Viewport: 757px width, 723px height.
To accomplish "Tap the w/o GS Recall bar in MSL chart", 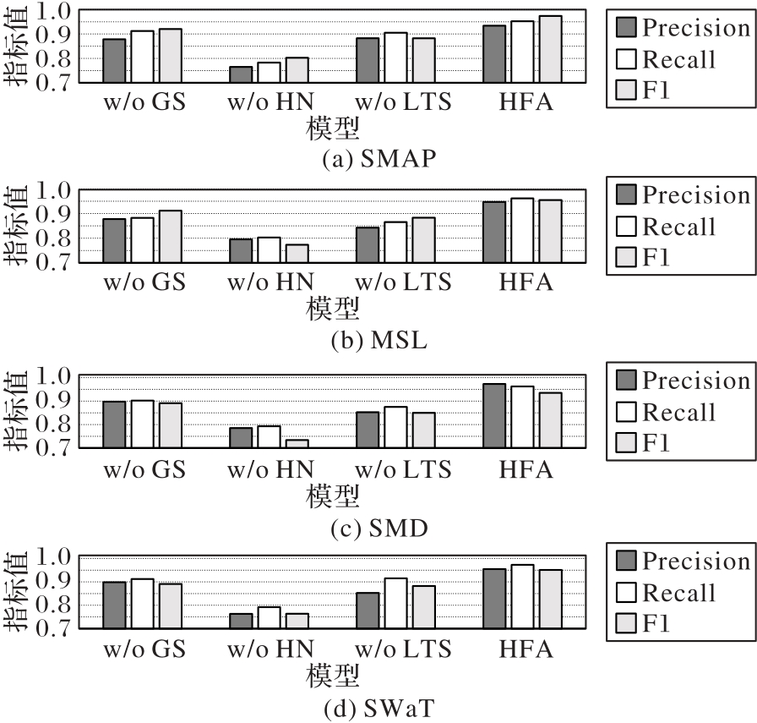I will (142, 240).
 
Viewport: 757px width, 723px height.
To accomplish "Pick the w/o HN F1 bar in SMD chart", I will (297, 444).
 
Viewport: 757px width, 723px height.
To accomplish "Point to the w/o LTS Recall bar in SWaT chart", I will (395, 603).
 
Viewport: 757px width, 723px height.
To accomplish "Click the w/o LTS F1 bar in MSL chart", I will (423, 240).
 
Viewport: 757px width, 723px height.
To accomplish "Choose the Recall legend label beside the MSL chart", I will (678, 227).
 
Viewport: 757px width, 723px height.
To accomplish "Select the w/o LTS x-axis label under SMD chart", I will (404, 469).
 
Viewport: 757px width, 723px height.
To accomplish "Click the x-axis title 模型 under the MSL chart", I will (332, 307).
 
